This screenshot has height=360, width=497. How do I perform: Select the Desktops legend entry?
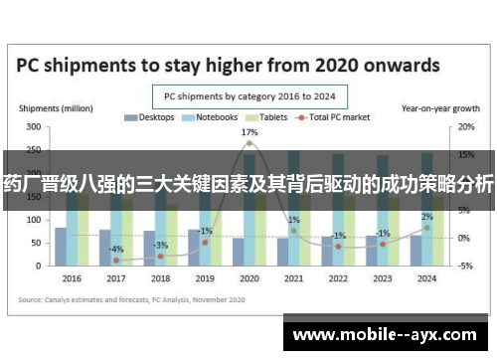tap(148, 117)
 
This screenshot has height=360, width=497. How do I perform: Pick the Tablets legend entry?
tap(259, 117)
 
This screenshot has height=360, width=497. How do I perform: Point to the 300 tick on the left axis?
tap(33, 128)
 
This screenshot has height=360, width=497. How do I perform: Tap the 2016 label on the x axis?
tap(71, 278)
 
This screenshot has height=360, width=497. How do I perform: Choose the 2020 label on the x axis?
tap(248, 278)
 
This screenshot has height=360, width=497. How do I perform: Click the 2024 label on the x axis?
tap(426, 278)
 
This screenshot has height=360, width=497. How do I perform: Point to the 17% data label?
tap(249, 132)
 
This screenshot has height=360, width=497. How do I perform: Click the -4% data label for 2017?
tap(116, 249)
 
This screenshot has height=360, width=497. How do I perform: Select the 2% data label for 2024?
tap(426, 217)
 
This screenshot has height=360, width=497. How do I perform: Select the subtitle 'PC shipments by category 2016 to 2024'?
tap(248, 96)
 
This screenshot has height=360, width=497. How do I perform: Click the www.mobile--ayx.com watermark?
tap(387, 336)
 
